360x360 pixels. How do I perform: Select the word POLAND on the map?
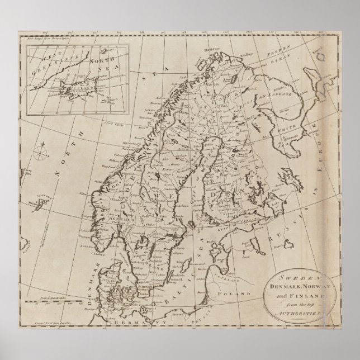[244, 307]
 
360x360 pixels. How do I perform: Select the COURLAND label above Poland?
[230, 290]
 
